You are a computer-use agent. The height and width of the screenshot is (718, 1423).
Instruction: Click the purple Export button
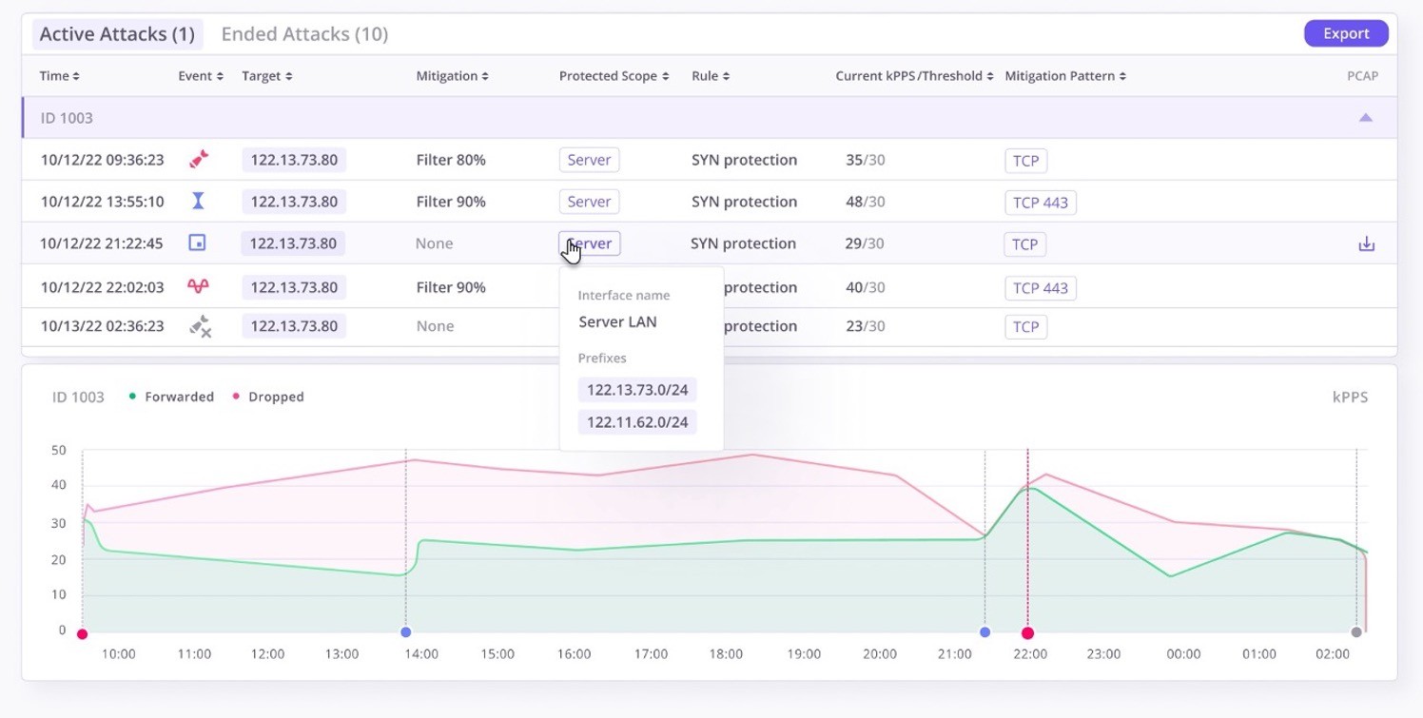[1345, 33]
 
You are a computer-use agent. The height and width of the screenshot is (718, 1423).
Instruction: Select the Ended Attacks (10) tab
[304, 34]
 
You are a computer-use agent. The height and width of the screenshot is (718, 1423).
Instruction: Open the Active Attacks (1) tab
[116, 34]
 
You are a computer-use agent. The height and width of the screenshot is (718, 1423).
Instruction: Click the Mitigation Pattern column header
[1064, 76]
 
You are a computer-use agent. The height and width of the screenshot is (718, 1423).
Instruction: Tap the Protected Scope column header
[614, 76]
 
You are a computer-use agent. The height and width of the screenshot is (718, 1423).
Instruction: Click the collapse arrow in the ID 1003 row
[1365, 118]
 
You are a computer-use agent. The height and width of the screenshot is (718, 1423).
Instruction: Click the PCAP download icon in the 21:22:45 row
[1366, 244]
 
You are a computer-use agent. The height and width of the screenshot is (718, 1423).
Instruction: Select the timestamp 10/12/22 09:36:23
[102, 160]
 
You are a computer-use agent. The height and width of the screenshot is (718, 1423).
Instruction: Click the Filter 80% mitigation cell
[451, 160]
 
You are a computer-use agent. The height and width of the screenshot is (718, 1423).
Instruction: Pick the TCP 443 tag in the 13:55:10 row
[1040, 203]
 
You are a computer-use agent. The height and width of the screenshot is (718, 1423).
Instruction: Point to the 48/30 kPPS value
[865, 202]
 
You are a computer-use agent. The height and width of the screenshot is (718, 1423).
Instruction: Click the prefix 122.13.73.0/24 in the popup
[637, 390]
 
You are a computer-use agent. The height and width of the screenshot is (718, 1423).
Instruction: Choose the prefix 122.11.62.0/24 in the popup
[637, 422]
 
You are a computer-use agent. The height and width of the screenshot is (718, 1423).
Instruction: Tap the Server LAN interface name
[617, 321]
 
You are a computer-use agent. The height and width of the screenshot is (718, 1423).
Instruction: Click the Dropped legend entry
[275, 397]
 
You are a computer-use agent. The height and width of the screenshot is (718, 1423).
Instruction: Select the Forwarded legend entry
[178, 397]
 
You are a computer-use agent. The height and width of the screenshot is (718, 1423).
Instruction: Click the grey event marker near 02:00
[1356, 632]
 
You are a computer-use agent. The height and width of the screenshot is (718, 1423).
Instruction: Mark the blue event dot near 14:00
[406, 632]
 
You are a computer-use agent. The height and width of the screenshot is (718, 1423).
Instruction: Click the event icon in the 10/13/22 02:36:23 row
[199, 326]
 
